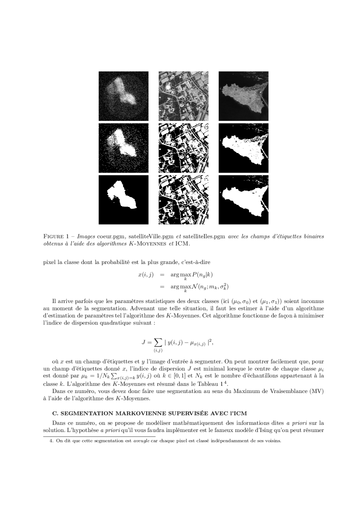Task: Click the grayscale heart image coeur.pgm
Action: [123, 96]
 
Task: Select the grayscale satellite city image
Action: [183, 96]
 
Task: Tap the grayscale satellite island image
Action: [243, 96]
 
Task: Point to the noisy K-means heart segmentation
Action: [123, 147]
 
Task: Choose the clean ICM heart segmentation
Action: [123, 199]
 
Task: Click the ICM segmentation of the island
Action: [243, 199]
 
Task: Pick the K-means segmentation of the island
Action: [243, 147]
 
